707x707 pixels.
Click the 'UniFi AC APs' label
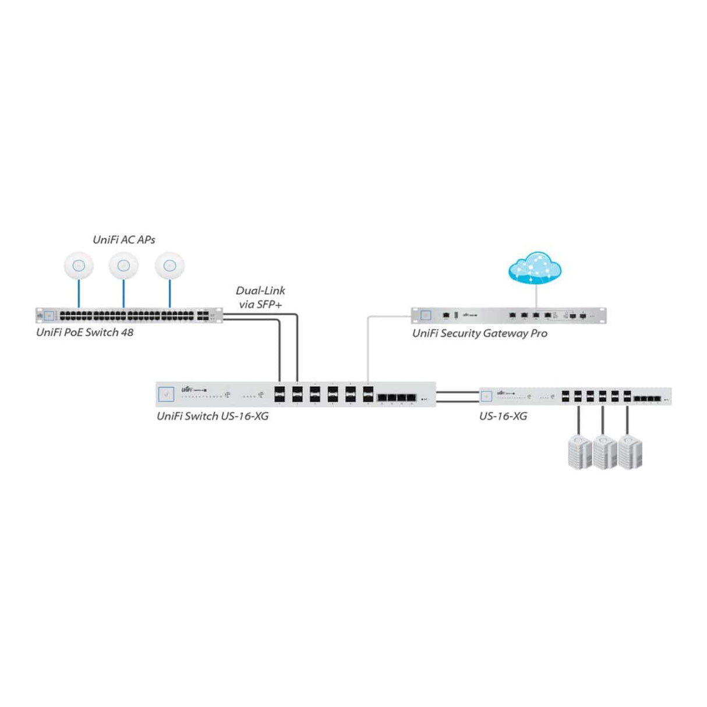coord(124,239)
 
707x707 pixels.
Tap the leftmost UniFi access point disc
coord(79,266)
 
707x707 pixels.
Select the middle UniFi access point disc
coord(123,266)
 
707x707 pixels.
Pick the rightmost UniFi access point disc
coord(169,266)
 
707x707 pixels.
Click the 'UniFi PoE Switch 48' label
coord(84,333)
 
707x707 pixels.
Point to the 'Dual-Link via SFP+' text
coord(260,297)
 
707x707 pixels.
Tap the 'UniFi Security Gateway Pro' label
coord(480,334)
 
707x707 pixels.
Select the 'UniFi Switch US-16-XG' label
coord(213,416)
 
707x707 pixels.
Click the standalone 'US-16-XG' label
coord(503,416)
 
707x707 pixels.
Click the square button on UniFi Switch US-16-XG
coord(167,395)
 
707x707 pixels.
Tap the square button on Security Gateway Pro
coord(426,315)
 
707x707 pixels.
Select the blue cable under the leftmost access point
coord(79,294)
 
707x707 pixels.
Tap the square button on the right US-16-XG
coord(486,397)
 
